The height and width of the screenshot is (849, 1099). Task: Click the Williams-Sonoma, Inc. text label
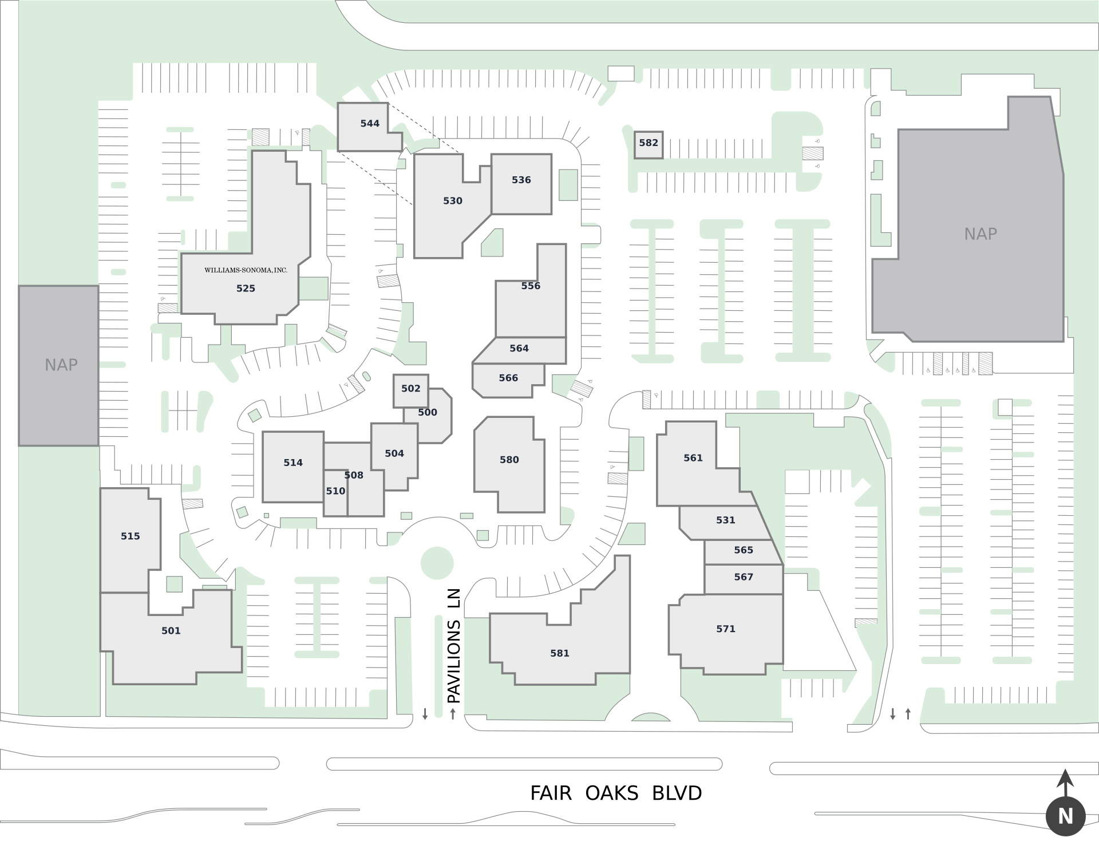coord(246,270)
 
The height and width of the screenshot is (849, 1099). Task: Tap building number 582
coord(649,143)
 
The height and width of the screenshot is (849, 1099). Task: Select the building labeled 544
coord(370,124)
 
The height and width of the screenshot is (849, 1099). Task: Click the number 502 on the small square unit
coord(410,389)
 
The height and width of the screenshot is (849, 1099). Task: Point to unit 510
coord(335,491)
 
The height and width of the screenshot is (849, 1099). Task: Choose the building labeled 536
coord(521,180)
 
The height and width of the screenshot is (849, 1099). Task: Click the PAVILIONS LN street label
coord(453,645)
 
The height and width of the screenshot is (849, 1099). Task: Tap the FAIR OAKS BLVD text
coord(615,793)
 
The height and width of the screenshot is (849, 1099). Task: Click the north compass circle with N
coord(1065,816)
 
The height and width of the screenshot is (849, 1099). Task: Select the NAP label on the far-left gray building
coord(61,365)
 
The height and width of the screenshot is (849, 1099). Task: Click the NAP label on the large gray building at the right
coord(980,234)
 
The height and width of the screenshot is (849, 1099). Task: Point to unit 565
coord(743,550)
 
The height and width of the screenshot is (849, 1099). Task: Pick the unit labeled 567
coord(743,577)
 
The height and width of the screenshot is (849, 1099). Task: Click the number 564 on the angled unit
coord(519,349)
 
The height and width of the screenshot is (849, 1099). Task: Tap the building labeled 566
coord(508,378)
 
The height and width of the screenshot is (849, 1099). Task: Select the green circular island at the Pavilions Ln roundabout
coord(437,563)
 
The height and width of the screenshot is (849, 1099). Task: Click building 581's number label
coord(559,654)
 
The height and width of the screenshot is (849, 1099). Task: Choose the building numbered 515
coord(130,536)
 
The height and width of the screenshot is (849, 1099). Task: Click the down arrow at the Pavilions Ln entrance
coord(425,714)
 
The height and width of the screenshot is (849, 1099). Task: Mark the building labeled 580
coord(509,460)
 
